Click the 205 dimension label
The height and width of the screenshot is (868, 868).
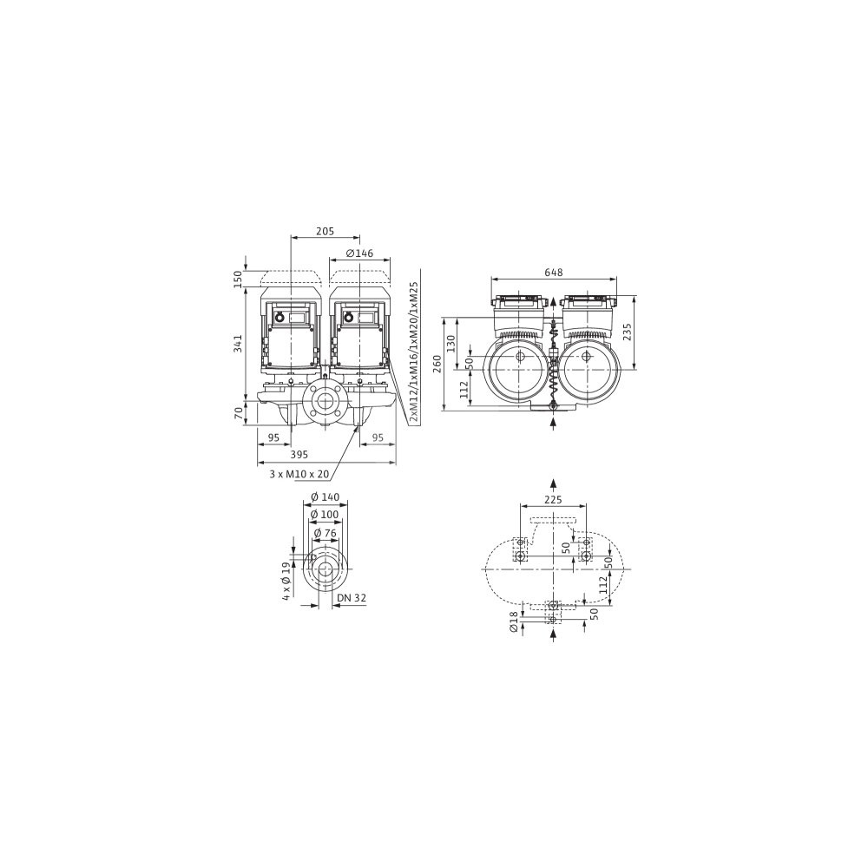click(x=325, y=232)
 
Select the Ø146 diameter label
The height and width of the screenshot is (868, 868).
click(x=359, y=253)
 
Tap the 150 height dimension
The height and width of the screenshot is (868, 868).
click(x=238, y=278)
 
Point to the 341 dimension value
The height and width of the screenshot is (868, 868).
click(x=238, y=343)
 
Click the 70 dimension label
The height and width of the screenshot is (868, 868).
click(x=238, y=413)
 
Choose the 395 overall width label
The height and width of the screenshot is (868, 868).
click(x=299, y=455)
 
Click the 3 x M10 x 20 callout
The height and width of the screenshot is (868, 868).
click(x=299, y=474)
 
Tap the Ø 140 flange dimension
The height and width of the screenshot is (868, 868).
click(x=325, y=497)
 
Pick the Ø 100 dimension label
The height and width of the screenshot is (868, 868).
click(x=325, y=515)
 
